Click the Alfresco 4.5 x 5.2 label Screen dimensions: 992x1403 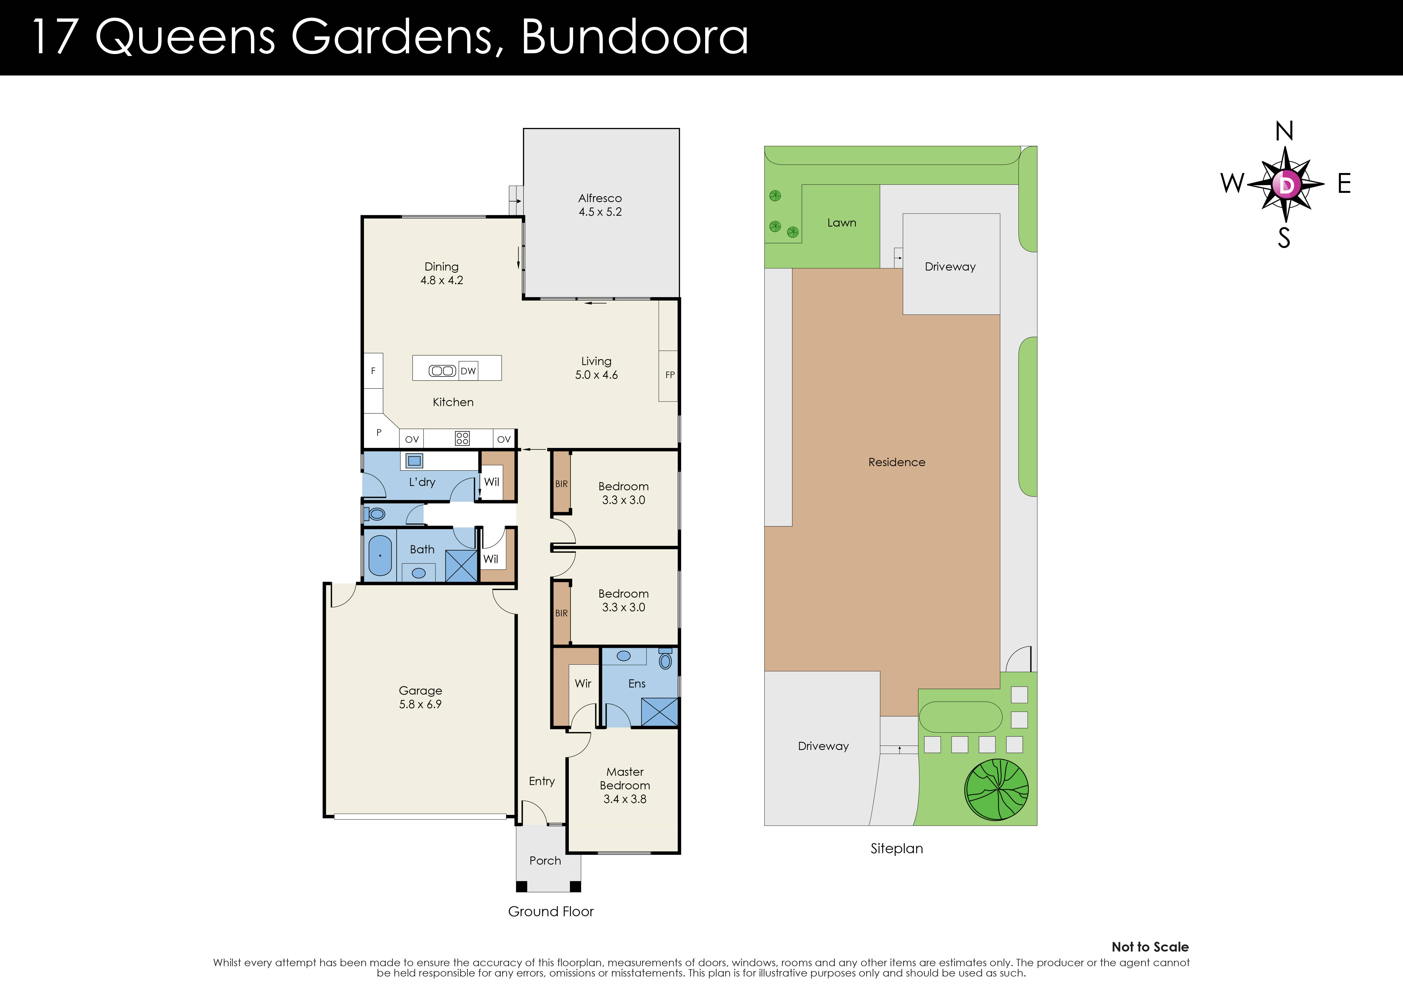pyautogui.click(x=600, y=205)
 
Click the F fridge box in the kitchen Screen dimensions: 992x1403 pyautogui.click(x=373, y=371)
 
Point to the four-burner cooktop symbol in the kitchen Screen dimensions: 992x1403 pyautogui.click(x=462, y=438)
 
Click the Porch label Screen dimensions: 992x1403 pyautogui.click(x=545, y=861)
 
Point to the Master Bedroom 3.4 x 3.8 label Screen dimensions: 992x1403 pyautogui.click(x=624, y=785)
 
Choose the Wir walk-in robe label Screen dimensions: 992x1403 pyautogui.click(x=583, y=683)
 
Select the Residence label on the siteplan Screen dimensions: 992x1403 pyautogui.click(x=896, y=462)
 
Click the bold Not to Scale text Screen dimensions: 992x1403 pyautogui.click(x=1150, y=947)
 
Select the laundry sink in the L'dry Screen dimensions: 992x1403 pyautogui.click(x=414, y=461)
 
